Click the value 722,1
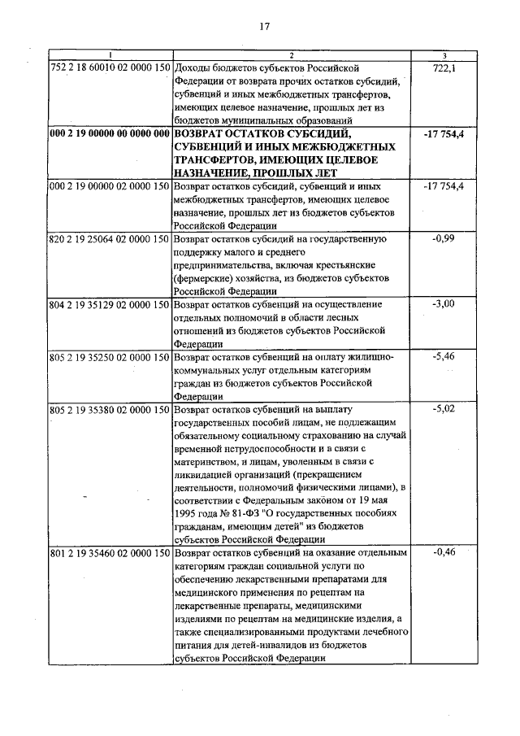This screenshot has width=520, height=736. [444, 68]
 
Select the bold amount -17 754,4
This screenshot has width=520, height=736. [444, 134]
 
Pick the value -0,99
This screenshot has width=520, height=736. [444, 239]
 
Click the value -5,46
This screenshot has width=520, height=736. [444, 357]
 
